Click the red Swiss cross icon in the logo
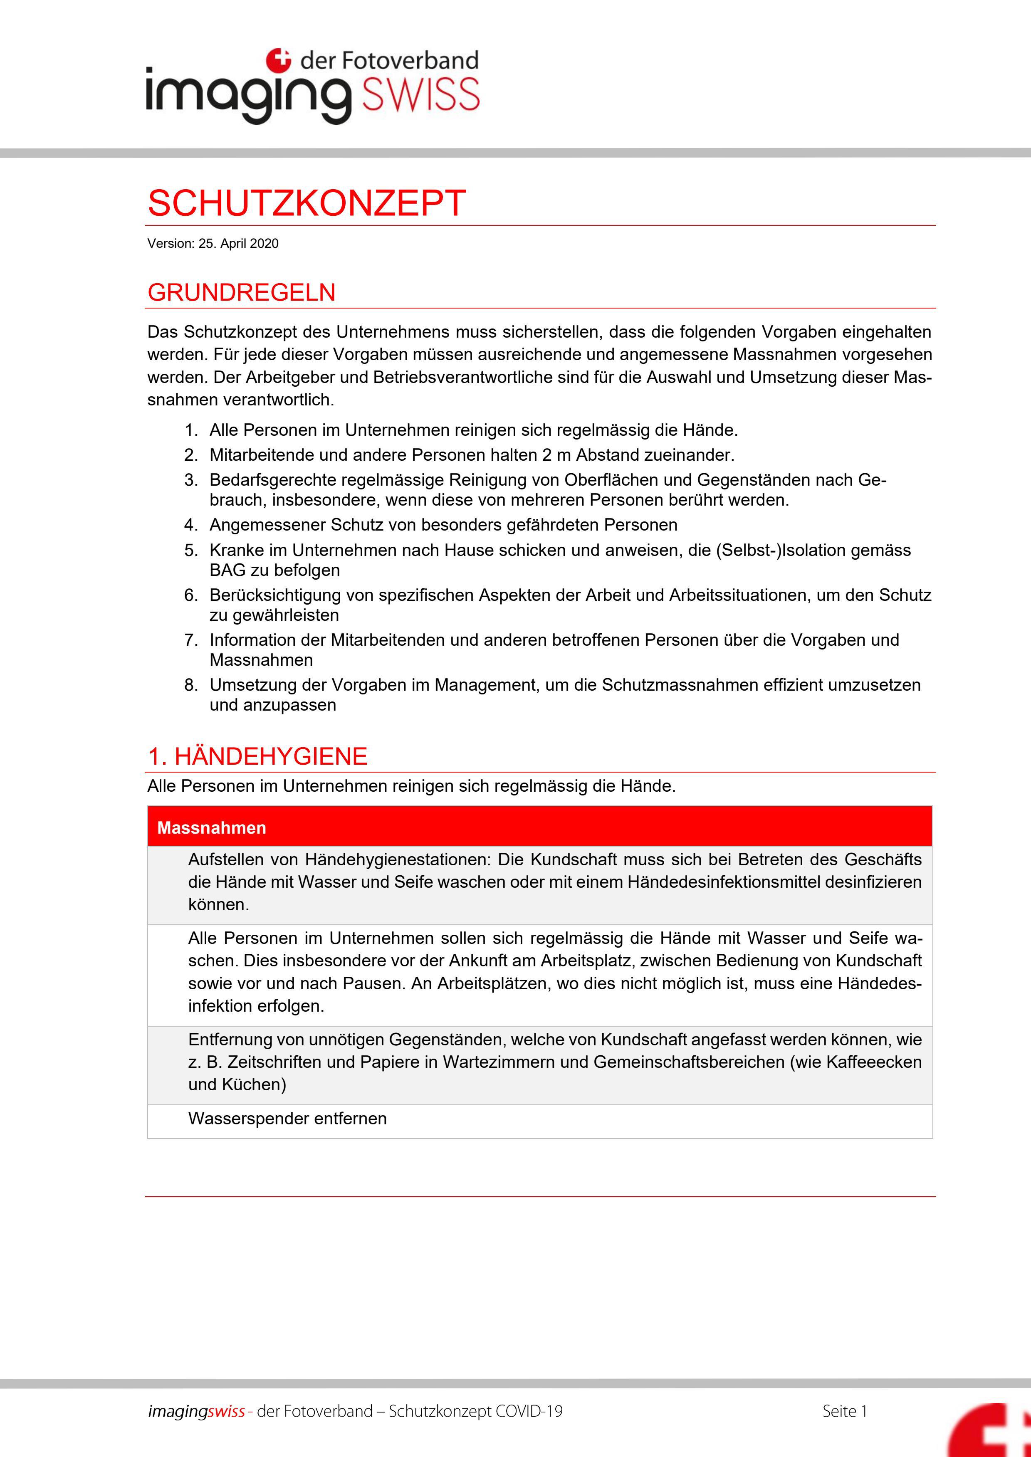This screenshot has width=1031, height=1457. click(x=278, y=60)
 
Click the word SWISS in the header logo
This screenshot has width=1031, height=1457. click(x=420, y=95)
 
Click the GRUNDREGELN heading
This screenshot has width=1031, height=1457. click(x=241, y=293)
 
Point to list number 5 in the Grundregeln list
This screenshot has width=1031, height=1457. click(x=191, y=550)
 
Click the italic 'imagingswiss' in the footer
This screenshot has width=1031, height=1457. click(x=196, y=1411)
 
